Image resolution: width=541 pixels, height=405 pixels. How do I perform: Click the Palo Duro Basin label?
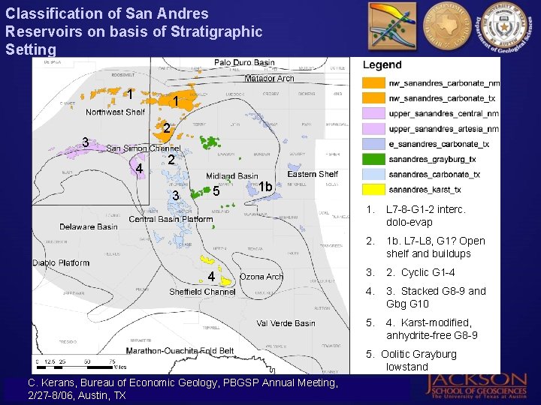(244, 63)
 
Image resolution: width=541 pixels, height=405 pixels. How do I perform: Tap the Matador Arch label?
(269, 78)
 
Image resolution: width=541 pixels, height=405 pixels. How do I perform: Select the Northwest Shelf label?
(115, 112)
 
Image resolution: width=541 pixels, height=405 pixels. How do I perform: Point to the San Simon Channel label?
(143, 148)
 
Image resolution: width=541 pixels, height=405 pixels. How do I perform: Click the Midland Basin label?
(232, 176)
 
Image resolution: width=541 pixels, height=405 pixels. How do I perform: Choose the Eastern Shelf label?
(313, 174)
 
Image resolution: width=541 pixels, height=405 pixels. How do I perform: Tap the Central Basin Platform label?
(171, 219)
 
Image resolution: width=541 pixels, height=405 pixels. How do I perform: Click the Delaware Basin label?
(89, 226)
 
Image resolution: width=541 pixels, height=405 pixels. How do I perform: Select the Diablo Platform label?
(62, 263)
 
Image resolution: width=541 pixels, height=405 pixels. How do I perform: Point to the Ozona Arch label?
(261, 277)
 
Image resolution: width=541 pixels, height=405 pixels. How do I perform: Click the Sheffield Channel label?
(202, 292)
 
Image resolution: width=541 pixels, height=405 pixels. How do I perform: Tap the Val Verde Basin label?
(286, 323)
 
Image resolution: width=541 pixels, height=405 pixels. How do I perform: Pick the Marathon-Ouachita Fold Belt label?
(180, 350)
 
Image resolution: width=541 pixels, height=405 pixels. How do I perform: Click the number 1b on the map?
(264, 186)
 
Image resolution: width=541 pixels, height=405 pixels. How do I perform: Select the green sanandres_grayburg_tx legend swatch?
(373, 159)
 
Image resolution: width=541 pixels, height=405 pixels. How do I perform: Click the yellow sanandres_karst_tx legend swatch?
(373, 190)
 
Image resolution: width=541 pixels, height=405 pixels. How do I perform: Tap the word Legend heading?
(382, 65)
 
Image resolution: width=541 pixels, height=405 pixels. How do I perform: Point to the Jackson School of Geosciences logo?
(477, 384)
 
